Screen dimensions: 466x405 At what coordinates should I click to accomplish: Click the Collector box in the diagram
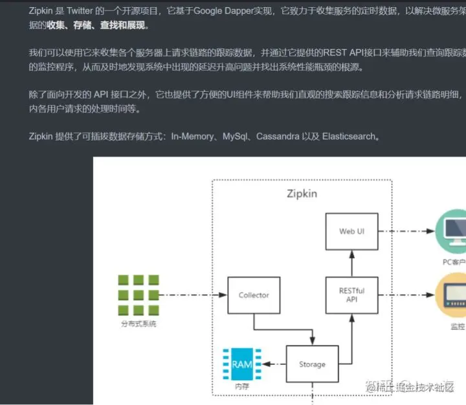tap(253, 295)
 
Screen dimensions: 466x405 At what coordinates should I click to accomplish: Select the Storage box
tap(312, 364)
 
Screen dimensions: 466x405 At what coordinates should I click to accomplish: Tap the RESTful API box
tap(351, 295)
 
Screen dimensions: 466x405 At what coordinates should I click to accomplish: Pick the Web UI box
tap(351, 231)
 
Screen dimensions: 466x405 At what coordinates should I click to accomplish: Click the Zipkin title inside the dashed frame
tap(302, 193)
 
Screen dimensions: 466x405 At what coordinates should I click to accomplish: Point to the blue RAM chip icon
tap(242, 364)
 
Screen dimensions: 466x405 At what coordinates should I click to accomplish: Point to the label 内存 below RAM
tap(241, 386)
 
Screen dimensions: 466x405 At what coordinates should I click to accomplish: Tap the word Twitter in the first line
tap(81, 11)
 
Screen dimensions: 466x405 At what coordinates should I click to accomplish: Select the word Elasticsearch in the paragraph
tap(349, 137)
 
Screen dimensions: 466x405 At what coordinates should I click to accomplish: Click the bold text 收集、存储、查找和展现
tap(96, 25)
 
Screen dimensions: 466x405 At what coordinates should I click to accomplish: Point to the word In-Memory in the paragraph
tap(194, 137)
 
